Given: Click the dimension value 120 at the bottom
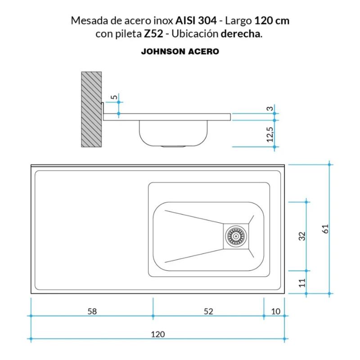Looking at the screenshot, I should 158,334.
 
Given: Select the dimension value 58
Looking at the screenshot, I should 91,311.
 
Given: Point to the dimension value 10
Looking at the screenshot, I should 276,311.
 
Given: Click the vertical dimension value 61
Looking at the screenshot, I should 326,229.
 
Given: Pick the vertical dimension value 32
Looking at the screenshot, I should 302,235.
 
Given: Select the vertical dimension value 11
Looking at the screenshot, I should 302,282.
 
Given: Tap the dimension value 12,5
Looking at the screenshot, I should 270,134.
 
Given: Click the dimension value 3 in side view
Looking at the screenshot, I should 270,109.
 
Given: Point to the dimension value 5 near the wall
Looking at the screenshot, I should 114,97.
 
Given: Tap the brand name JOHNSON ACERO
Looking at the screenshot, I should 180,52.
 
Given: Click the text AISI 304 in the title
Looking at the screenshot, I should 196,21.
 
